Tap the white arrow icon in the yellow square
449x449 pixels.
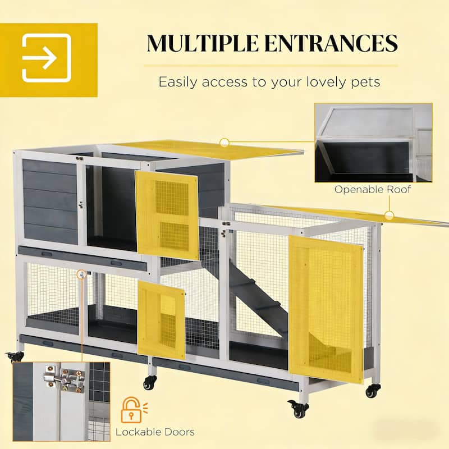47,58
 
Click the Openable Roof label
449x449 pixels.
373,189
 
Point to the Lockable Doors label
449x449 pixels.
155,432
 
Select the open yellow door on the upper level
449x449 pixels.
167,214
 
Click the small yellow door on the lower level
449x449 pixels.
161,319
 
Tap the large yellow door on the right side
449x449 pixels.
325,309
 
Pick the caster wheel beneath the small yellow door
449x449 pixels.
149,382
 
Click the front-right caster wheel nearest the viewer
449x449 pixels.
300,409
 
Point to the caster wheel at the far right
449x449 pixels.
373,391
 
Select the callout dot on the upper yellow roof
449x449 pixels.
224,143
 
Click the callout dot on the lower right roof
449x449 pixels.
388,215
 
